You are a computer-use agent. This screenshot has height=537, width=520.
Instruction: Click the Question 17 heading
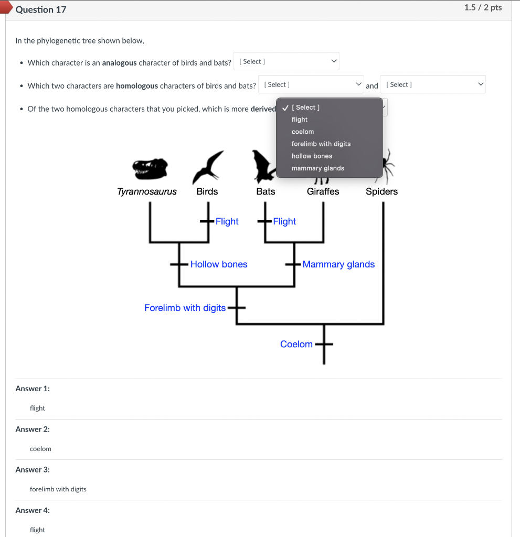pos(41,9)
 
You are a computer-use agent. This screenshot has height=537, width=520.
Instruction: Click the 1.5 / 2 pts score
pos(483,7)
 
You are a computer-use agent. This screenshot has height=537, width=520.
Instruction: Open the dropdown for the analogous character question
pos(286,61)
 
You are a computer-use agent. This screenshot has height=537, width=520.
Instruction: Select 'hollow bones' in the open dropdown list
pos(312,156)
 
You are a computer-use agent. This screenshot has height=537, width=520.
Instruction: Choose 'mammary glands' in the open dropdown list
pos(318,168)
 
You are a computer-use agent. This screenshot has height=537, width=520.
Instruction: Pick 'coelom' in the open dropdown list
pos(303,132)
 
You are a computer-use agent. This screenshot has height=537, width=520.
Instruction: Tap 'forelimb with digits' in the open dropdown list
pos(321,144)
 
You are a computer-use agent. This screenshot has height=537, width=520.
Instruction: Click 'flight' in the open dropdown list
pos(300,120)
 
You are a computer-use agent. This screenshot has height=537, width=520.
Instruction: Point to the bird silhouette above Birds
pos(207,166)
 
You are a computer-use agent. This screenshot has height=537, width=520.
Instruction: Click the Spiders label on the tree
pos(381,191)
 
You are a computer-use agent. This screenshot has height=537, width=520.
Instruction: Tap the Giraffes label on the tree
pos(323,191)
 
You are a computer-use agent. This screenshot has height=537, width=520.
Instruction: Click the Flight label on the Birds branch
pos(227,221)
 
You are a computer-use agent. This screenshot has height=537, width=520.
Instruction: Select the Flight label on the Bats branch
pos(284,221)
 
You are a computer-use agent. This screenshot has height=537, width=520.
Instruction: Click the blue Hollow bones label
pos(219,264)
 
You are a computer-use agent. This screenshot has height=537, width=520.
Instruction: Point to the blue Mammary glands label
pos(338,264)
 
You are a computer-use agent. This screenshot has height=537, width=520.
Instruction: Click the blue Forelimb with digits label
pos(185,308)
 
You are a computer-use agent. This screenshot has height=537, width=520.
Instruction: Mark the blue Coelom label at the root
pos(296,344)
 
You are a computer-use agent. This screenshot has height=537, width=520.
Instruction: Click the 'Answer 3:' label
pos(33,469)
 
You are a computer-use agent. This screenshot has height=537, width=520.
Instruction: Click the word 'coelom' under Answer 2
pos(40,449)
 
